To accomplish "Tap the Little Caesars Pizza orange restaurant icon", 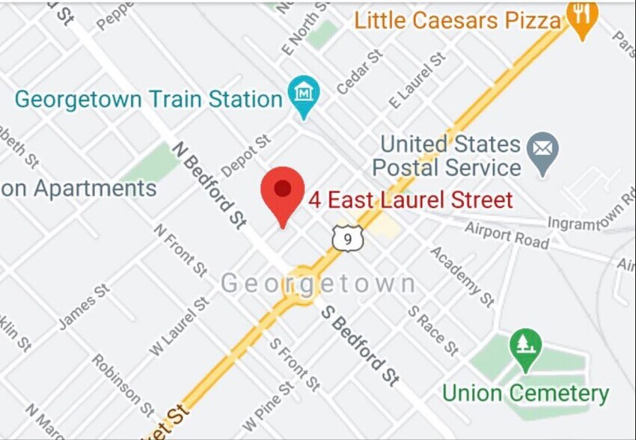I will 581,16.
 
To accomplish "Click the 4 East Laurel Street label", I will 411,200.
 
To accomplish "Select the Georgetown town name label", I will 318,284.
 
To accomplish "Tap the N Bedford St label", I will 210,184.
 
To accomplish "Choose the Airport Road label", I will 507,235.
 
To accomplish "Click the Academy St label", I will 462,276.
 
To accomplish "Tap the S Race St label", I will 432,330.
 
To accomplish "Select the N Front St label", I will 180,249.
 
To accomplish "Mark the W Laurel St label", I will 179,326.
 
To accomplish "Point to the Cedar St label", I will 359,72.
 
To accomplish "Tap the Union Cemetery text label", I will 525,393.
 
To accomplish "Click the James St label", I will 84,306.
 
